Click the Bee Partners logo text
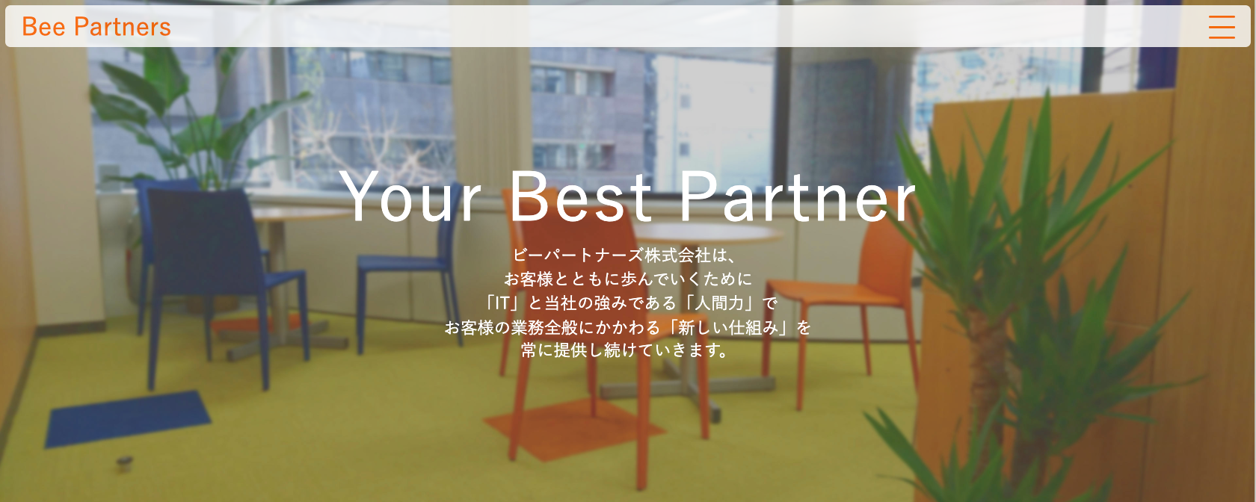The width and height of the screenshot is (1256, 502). click(96, 27)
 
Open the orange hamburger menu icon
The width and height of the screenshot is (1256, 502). click(1222, 27)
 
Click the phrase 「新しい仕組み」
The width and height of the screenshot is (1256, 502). click(731, 327)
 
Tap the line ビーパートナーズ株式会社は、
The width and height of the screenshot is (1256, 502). click(624, 255)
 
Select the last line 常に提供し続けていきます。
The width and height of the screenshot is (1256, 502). click(625, 351)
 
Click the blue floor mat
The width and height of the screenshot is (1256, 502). click(128, 418)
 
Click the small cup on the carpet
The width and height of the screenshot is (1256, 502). click(124, 463)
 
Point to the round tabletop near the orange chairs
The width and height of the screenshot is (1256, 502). click(707, 232)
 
